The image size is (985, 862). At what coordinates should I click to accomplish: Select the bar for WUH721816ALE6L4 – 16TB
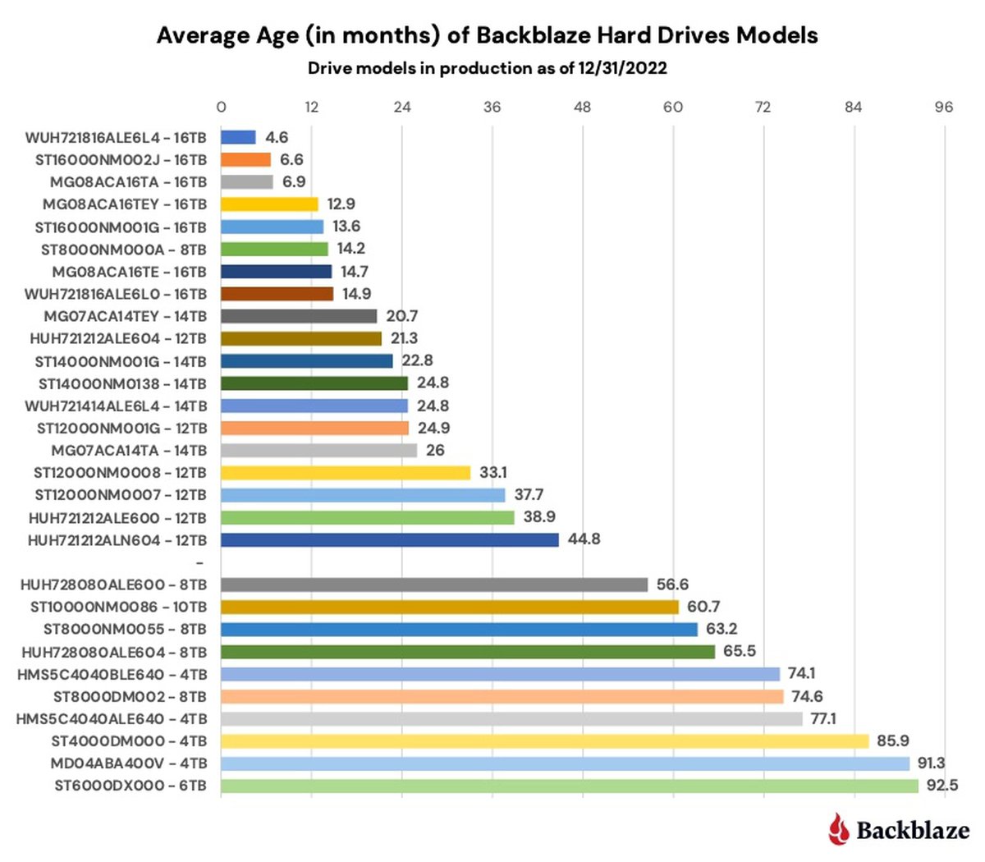(x=238, y=138)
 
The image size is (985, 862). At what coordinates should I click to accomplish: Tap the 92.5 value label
(x=941, y=786)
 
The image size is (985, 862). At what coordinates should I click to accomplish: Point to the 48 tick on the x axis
(x=582, y=108)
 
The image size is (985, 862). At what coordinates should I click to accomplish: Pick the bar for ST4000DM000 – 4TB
(x=544, y=741)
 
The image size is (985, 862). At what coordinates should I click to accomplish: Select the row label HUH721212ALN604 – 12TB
(x=117, y=540)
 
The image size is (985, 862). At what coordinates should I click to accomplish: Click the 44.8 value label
(x=584, y=539)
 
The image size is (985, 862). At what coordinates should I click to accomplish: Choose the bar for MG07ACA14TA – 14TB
(x=318, y=451)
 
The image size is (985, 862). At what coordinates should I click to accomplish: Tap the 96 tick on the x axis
(x=944, y=108)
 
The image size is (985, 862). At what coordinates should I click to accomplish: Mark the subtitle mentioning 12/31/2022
(x=487, y=69)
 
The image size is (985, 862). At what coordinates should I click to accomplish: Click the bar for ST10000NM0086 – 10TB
(x=450, y=608)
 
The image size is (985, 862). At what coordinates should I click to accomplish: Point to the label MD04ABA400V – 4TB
(x=128, y=763)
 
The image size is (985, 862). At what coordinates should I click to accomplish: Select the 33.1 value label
(x=493, y=473)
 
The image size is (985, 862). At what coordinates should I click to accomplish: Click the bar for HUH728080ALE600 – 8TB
(x=434, y=585)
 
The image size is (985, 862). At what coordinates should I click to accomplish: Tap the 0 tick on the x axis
(x=221, y=108)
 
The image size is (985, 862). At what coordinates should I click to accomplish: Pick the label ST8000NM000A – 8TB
(x=124, y=250)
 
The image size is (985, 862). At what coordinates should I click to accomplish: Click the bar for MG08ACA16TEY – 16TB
(x=269, y=204)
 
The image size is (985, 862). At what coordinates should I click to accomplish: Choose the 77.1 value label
(x=823, y=719)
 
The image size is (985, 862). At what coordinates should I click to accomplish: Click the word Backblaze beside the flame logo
(x=913, y=830)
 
